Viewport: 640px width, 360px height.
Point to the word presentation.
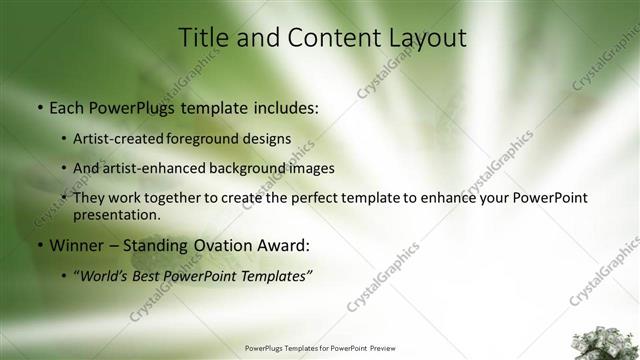117,214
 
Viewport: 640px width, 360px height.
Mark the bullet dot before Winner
38,245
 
